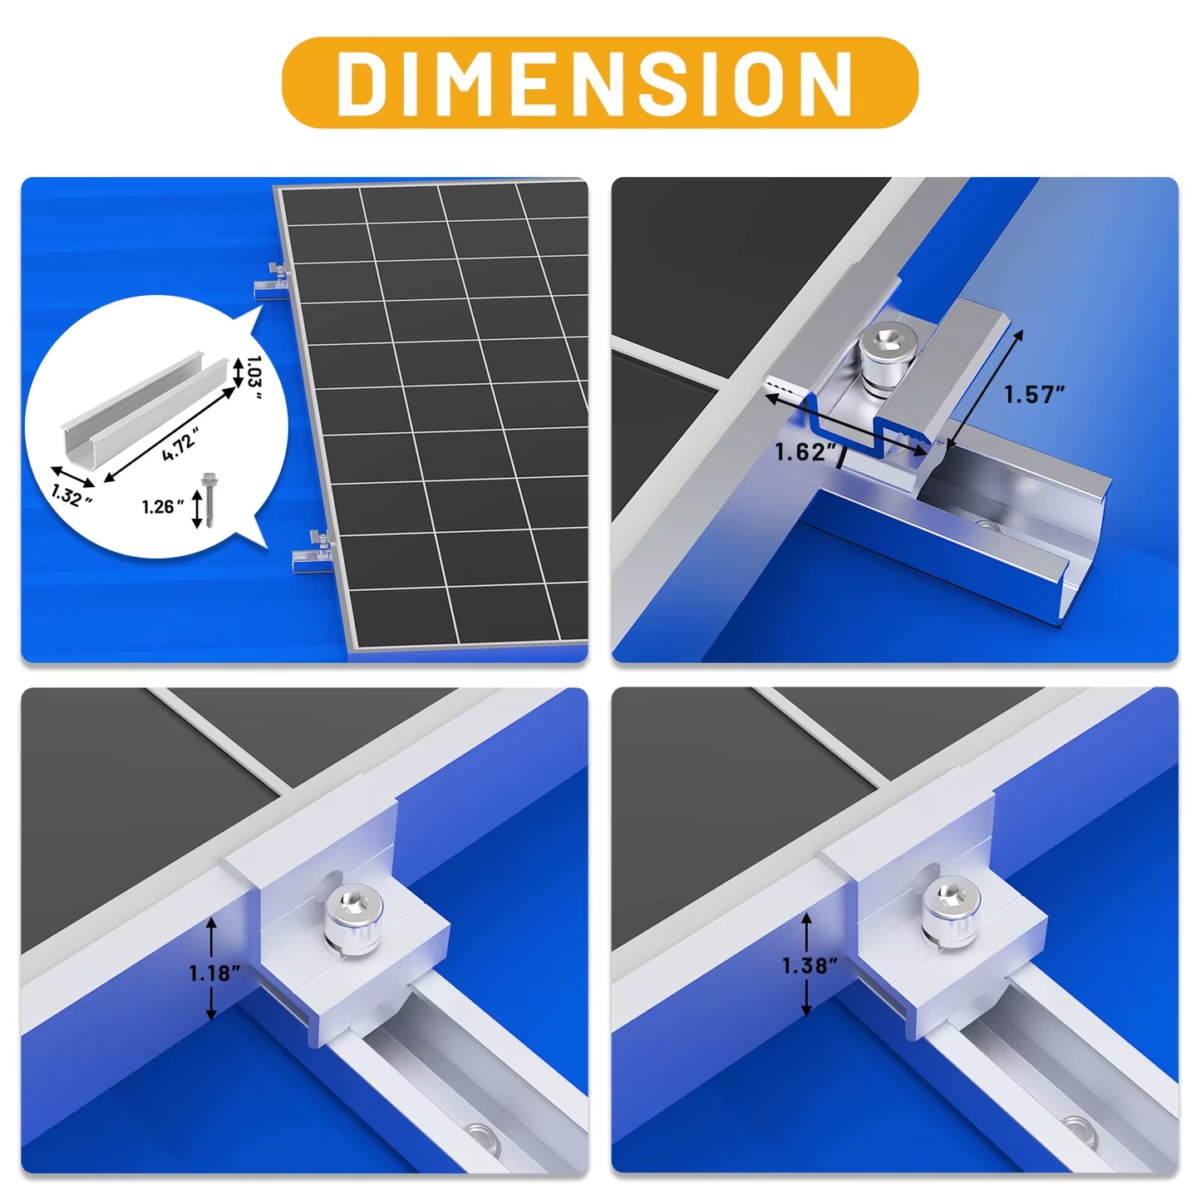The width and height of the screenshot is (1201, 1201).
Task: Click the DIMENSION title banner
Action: (x=599, y=82)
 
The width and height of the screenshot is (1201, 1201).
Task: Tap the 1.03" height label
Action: (x=254, y=377)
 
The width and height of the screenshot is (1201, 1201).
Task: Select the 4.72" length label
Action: (x=180, y=443)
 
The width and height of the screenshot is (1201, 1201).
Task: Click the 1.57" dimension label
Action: (x=1033, y=395)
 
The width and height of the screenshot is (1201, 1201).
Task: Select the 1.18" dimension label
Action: (x=214, y=973)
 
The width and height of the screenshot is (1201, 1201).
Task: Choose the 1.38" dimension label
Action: (x=809, y=966)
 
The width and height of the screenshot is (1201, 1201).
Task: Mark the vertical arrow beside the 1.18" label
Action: (x=212, y=968)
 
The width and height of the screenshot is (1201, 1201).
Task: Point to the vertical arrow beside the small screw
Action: (x=197, y=509)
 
